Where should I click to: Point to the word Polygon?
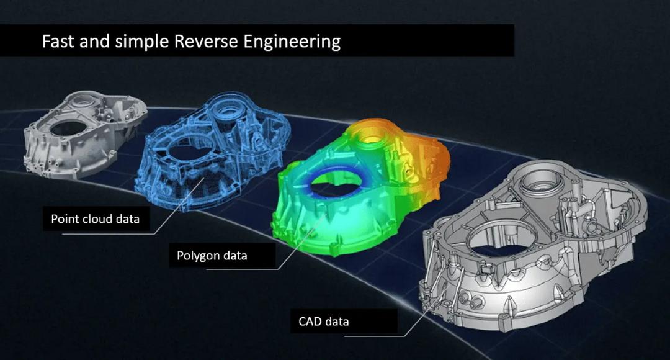click(198, 256)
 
